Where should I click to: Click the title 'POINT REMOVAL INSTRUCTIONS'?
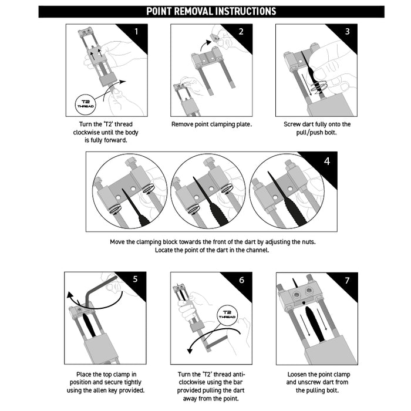coord(211,11)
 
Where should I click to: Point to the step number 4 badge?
coord(326,160)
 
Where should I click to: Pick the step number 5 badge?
coord(135,279)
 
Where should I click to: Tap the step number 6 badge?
coord(241,279)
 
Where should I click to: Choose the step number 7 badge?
coord(346,280)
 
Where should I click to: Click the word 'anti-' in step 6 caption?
coord(236,374)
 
